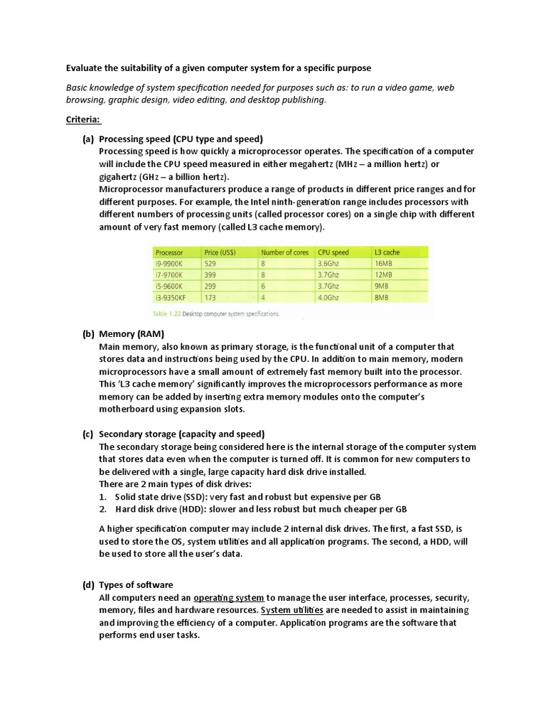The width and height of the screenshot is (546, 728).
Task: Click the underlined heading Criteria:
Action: click(x=84, y=120)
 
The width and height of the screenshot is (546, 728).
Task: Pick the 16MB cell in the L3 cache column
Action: click(x=382, y=263)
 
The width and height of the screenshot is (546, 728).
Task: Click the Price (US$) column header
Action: click(x=220, y=252)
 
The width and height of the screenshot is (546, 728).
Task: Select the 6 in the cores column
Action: click(x=263, y=287)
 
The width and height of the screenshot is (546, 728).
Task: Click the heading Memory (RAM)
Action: click(x=132, y=333)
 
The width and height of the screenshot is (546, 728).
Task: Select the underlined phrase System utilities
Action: click(x=292, y=610)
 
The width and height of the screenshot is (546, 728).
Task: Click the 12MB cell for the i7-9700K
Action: click(x=382, y=274)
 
